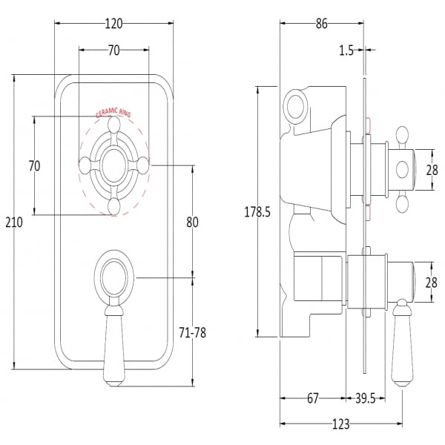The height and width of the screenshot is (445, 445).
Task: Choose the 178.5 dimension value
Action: pos(257,212)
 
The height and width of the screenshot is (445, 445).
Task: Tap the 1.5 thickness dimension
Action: pos(345,50)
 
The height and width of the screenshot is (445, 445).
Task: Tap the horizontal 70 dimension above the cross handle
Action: pos(113,51)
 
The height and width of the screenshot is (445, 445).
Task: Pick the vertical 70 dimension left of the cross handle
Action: pos(34,165)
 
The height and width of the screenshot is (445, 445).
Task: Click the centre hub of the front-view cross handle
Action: pos(113,165)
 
